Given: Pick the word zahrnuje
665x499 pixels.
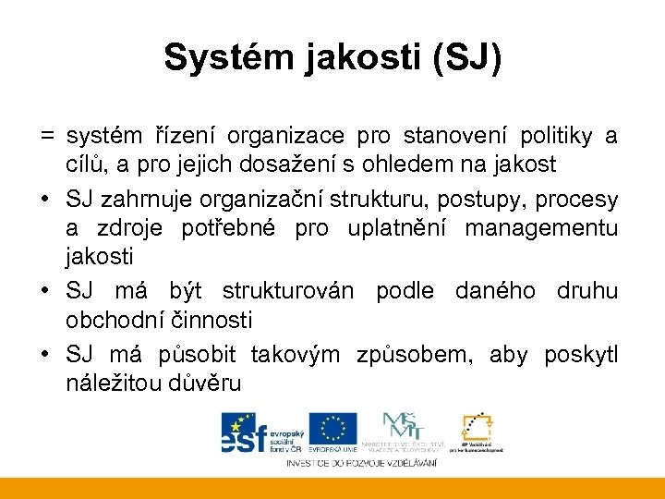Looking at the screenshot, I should [144, 201].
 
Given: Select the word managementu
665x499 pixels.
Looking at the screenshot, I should [541, 228].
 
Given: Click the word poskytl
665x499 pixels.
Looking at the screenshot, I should [581, 354].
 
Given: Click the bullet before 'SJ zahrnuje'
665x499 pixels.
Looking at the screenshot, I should [46, 201].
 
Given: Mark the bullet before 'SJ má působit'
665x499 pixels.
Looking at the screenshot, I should [46, 354].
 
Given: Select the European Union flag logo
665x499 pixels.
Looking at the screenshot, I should [332, 428].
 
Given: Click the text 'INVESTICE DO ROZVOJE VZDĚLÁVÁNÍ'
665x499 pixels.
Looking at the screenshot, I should [361, 461].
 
